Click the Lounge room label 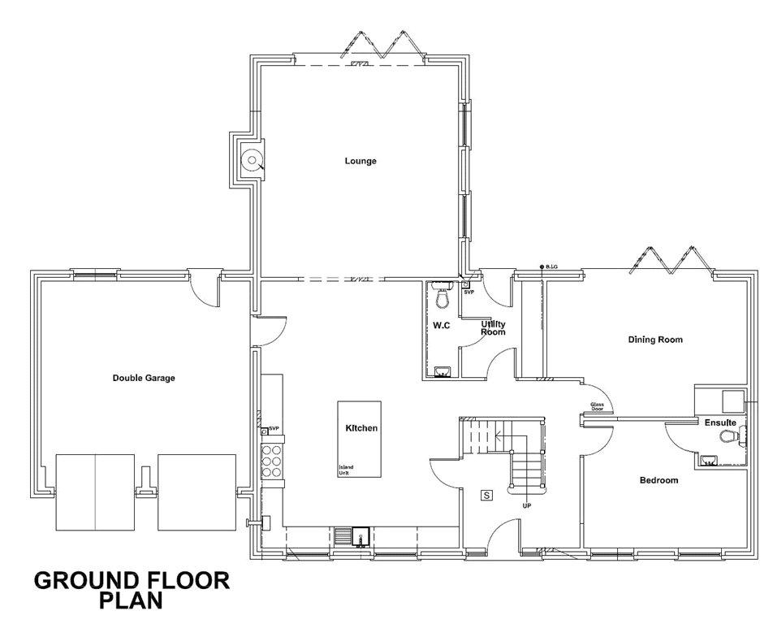point(361,161)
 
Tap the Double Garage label point(144,378)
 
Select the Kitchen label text point(361,428)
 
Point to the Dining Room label point(655,340)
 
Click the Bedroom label point(659,480)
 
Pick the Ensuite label point(720,422)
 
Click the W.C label point(442,325)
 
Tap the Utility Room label point(493,328)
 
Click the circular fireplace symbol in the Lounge point(253,160)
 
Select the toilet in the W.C point(443,299)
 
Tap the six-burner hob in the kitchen point(274,460)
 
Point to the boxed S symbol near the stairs point(487,495)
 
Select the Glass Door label point(598,407)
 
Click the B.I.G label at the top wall point(552,266)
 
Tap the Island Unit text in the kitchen point(347,470)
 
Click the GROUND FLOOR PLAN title point(132,591)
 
